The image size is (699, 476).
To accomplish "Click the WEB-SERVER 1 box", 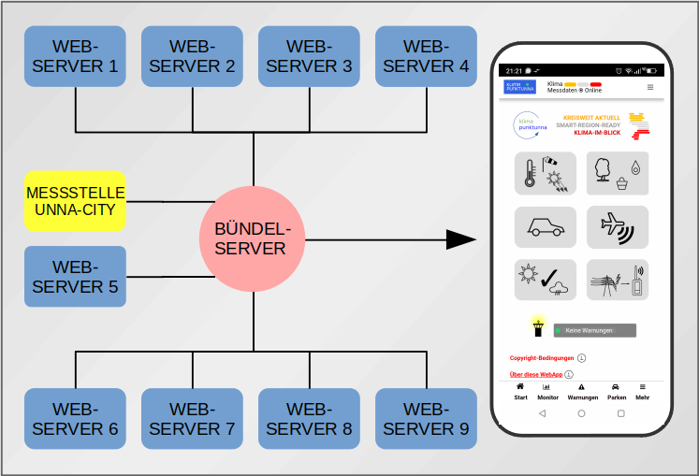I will [75, 56].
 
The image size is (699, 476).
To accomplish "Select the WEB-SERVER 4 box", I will [426, 56].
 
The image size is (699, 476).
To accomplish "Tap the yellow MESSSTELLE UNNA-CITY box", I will [75, 201].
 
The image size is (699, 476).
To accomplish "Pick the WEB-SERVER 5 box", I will [75, 277].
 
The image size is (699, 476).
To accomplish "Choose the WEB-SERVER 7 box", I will [192, 419].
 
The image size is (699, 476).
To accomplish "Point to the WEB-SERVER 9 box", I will [426, 419].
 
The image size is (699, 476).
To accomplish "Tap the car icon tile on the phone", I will [546, 227].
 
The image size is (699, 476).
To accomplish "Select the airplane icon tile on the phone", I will [617, 227].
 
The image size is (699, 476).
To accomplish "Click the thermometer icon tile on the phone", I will [546, 173].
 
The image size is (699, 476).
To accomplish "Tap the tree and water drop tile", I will [617, 173].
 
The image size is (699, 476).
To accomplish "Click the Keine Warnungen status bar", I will [593, 330].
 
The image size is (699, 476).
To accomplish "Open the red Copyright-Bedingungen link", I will [542, 357].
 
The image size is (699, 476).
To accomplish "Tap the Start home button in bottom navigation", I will [520, 392].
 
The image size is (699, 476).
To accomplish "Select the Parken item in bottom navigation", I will [616, 392].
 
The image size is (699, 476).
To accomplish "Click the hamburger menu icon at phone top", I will [650, 87].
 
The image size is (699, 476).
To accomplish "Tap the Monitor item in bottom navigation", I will [547, 392].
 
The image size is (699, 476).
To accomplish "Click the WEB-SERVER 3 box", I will [309, 56].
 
